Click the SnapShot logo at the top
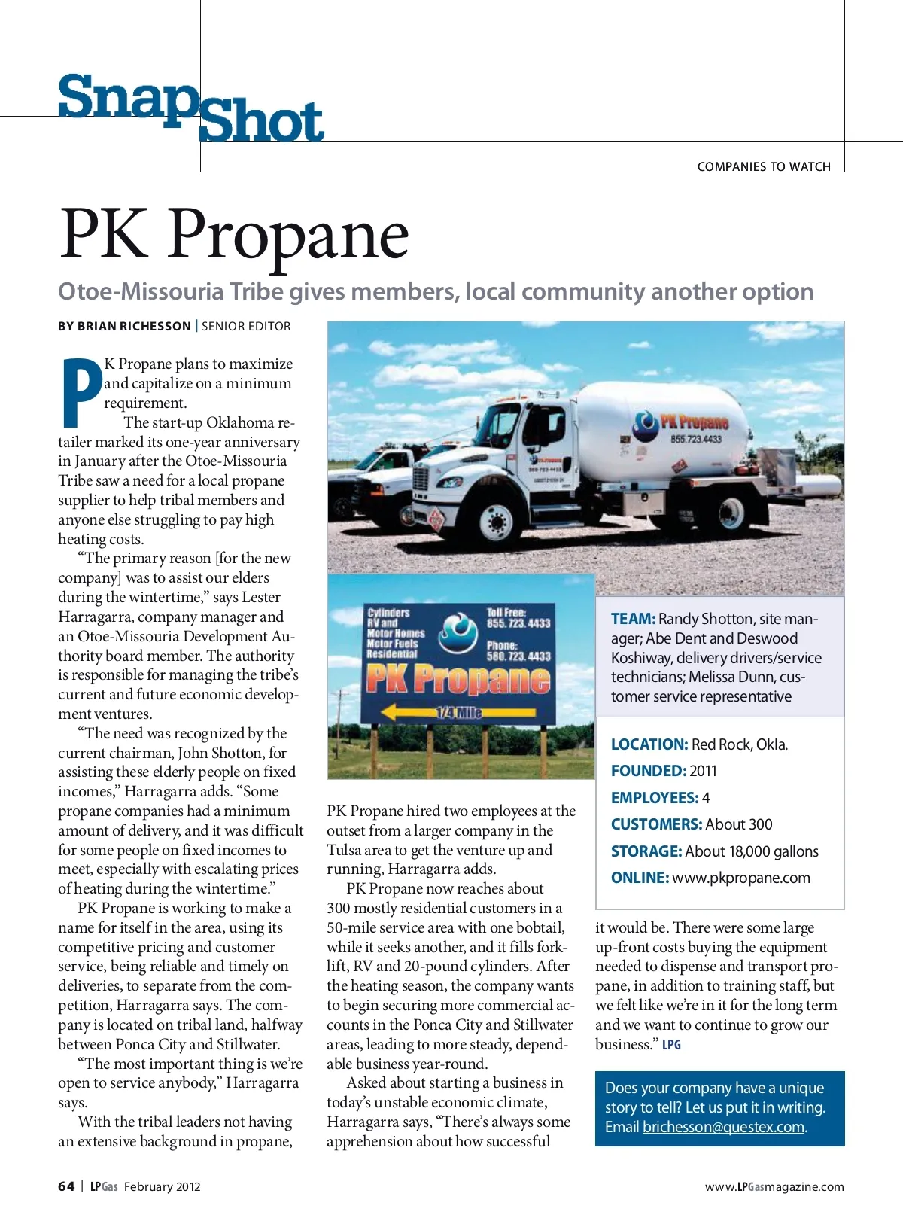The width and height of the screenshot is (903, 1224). (191, 108)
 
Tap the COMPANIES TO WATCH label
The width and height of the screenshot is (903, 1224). (763, 166)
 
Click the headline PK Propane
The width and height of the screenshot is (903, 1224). (234, 234)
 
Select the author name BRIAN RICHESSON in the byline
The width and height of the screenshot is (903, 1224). (134, 326)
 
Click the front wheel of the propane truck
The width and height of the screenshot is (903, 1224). (497, 521)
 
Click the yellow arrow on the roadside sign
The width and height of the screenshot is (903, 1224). (458, 711)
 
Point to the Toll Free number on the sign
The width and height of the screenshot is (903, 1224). (518, 623)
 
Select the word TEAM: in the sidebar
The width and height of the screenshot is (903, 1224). (633, 619)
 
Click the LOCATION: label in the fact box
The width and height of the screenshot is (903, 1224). (649, 744)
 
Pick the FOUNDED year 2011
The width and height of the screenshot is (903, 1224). (703, 771)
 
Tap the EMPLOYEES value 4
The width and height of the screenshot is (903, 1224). (706, 798)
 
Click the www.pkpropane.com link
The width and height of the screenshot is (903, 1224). (740, 878)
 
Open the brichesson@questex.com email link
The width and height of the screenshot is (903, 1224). (723, 1127)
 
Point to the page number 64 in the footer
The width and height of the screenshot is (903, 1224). (66, 1186)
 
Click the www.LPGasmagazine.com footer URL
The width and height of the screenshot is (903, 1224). (774, 1187)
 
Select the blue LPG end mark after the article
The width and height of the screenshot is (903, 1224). (671, 1045)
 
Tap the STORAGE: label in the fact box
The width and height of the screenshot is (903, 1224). (646, 851)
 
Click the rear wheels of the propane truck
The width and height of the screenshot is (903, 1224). (731, 514)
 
